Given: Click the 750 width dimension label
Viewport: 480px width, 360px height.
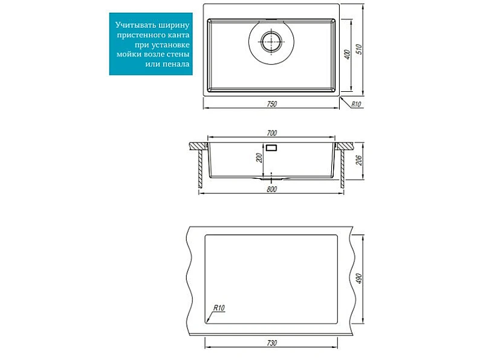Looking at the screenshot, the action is pyautogui.click(x=271, y=104).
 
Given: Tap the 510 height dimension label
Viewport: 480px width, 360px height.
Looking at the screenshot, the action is pyautogui.click(x=358, y=50).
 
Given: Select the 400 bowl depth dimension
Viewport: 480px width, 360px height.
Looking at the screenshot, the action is pyautogui.click(x=347, y=54).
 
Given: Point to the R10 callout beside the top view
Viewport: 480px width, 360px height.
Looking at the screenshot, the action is pyautogui.click(x=356, y=104).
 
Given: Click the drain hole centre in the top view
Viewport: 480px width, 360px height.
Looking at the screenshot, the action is pyautogui.click(x=271, y=42).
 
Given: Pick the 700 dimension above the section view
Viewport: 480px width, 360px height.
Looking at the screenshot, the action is pyautogui.click(x=271, y=133).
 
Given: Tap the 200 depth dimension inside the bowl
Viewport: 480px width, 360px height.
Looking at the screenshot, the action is pyautogui.click(x=259, y=158).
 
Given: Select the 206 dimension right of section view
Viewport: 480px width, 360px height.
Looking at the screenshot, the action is pyautogui.click(x=358, y=160).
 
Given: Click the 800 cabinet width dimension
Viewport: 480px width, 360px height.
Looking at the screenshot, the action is pyautogui.click(x=271, y=189).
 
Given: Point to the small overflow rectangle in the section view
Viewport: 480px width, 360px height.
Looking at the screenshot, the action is pyautogui.click(x=271, y=148).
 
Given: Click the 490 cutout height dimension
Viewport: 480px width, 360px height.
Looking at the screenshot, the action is pyautogui.click(x=358, y=278).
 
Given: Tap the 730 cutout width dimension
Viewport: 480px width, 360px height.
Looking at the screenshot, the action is pyautogui.click(x=271, y=343).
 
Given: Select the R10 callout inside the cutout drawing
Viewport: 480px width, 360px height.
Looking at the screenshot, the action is pyautogui.click(x=219, y=307).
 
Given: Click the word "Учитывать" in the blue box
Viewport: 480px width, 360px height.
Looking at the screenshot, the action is pyautogui.click(x=135, y=25).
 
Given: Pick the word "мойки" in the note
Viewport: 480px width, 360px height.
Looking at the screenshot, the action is pyautogui.click(x=127, y=54).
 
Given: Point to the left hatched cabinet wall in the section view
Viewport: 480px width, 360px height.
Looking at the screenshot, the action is pyautogui.click(x=201, y=169).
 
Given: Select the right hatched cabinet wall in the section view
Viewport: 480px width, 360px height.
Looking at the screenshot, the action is pyautogui.click(x=342, y=169).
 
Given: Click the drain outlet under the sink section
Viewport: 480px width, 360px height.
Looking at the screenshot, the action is pyautogui.click(x=271, y=178).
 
